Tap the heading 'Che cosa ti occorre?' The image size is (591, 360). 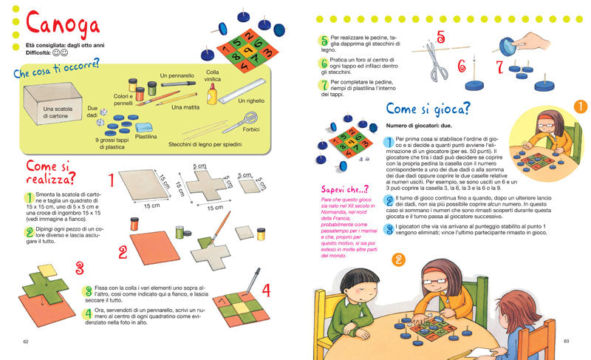click(56, 73)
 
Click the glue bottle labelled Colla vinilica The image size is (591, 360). click(213, 92)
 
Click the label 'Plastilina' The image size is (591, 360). click(146, 137)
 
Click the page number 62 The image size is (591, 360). click(26, 342)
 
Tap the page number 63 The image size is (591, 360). click(567, 341)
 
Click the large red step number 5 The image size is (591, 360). click(441, 37)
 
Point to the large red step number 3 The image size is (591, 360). click(79, 267)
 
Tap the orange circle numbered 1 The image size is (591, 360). click(580, 106)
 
